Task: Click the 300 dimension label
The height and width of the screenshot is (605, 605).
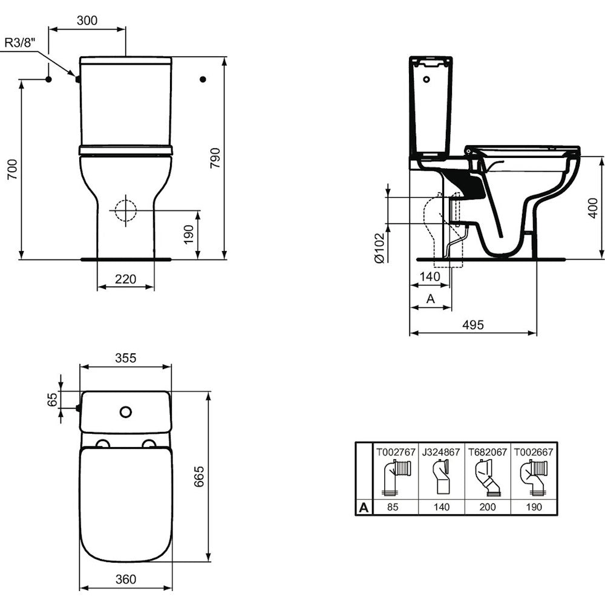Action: tap(87, 21)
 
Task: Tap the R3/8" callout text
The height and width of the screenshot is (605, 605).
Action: tap(20, 42)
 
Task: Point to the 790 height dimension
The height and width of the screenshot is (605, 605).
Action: tap(215, 158)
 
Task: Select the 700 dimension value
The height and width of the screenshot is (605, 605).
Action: tap(12, 169)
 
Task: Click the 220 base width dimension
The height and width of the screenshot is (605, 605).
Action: tap(125, 278)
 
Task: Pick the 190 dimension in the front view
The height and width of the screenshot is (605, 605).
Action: tap(188, 235)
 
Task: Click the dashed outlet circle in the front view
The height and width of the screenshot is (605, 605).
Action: tap(125, 211)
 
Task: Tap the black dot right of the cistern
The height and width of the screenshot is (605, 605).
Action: tap(203, 79)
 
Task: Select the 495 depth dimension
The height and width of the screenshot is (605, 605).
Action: tap(473, 325)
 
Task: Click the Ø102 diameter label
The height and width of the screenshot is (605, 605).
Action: tap(380, 248)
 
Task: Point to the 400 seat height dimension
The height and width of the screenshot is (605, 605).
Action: tap(593, 208)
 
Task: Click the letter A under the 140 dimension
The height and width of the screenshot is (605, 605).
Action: tap(431, 298)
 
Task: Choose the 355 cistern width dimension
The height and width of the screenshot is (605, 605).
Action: tap(126, 358)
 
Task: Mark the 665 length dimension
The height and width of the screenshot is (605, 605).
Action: tap(198, 476)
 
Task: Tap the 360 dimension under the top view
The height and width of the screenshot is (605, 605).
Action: tap(126, 579)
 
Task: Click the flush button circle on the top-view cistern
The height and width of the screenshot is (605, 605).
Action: tap(126, 412)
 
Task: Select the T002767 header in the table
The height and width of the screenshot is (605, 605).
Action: tap(396, 452)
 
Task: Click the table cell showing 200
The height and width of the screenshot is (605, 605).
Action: tap(488, 507)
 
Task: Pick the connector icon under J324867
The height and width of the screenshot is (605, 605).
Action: tap(441, 477)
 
